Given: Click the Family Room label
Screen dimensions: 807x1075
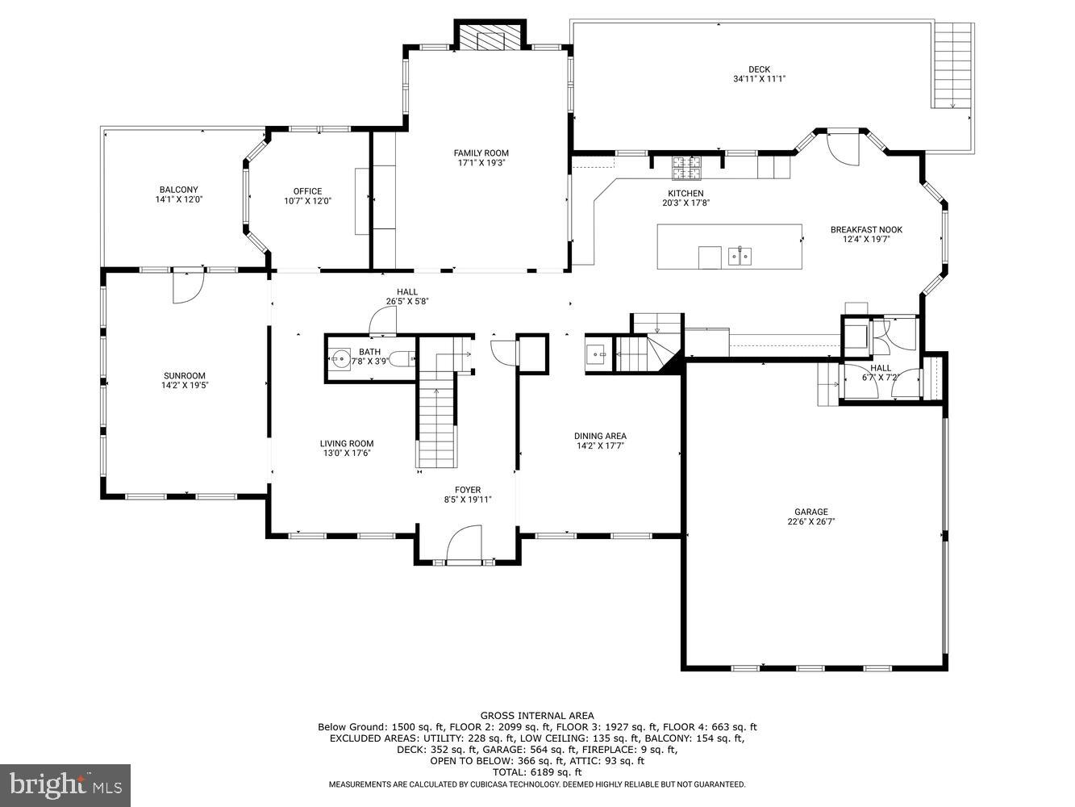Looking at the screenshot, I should pos(481,153).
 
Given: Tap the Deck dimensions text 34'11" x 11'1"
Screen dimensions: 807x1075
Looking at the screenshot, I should pos(759,79).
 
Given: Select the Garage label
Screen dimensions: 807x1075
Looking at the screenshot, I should pos(810,512).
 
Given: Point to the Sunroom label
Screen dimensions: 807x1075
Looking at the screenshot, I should pos(184,375).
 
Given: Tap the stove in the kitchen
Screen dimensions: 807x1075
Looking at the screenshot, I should pos(687,165).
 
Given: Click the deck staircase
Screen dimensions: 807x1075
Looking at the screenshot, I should pos(953,65).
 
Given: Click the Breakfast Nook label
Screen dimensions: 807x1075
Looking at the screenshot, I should pos(866,230).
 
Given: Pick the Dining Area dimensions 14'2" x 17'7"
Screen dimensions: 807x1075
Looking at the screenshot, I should pos(600,445).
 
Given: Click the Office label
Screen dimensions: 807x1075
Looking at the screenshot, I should pos(307,191).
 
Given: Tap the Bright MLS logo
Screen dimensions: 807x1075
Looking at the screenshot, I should pos(65,784).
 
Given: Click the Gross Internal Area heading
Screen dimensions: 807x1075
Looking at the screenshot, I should pos(537,715).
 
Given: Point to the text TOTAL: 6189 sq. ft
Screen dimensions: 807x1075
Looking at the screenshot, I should pos(537,771).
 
